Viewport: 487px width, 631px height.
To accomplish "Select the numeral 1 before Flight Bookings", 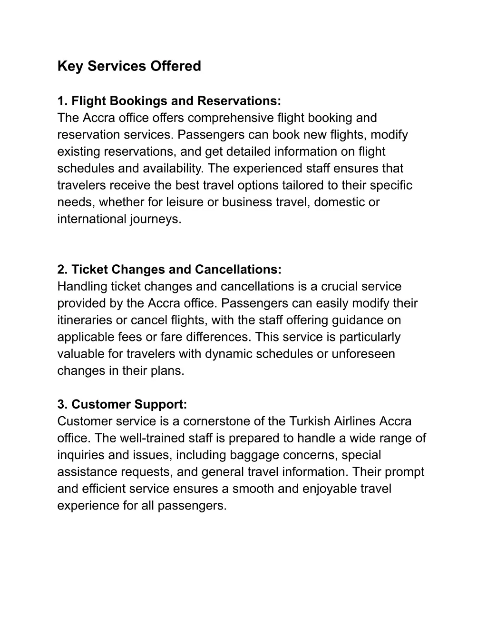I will coord(61,101).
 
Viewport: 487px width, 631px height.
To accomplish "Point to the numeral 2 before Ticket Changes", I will coord(61,270).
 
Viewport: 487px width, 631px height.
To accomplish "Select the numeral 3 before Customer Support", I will coord(61,405).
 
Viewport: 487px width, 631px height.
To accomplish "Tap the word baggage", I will coord(253,455).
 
